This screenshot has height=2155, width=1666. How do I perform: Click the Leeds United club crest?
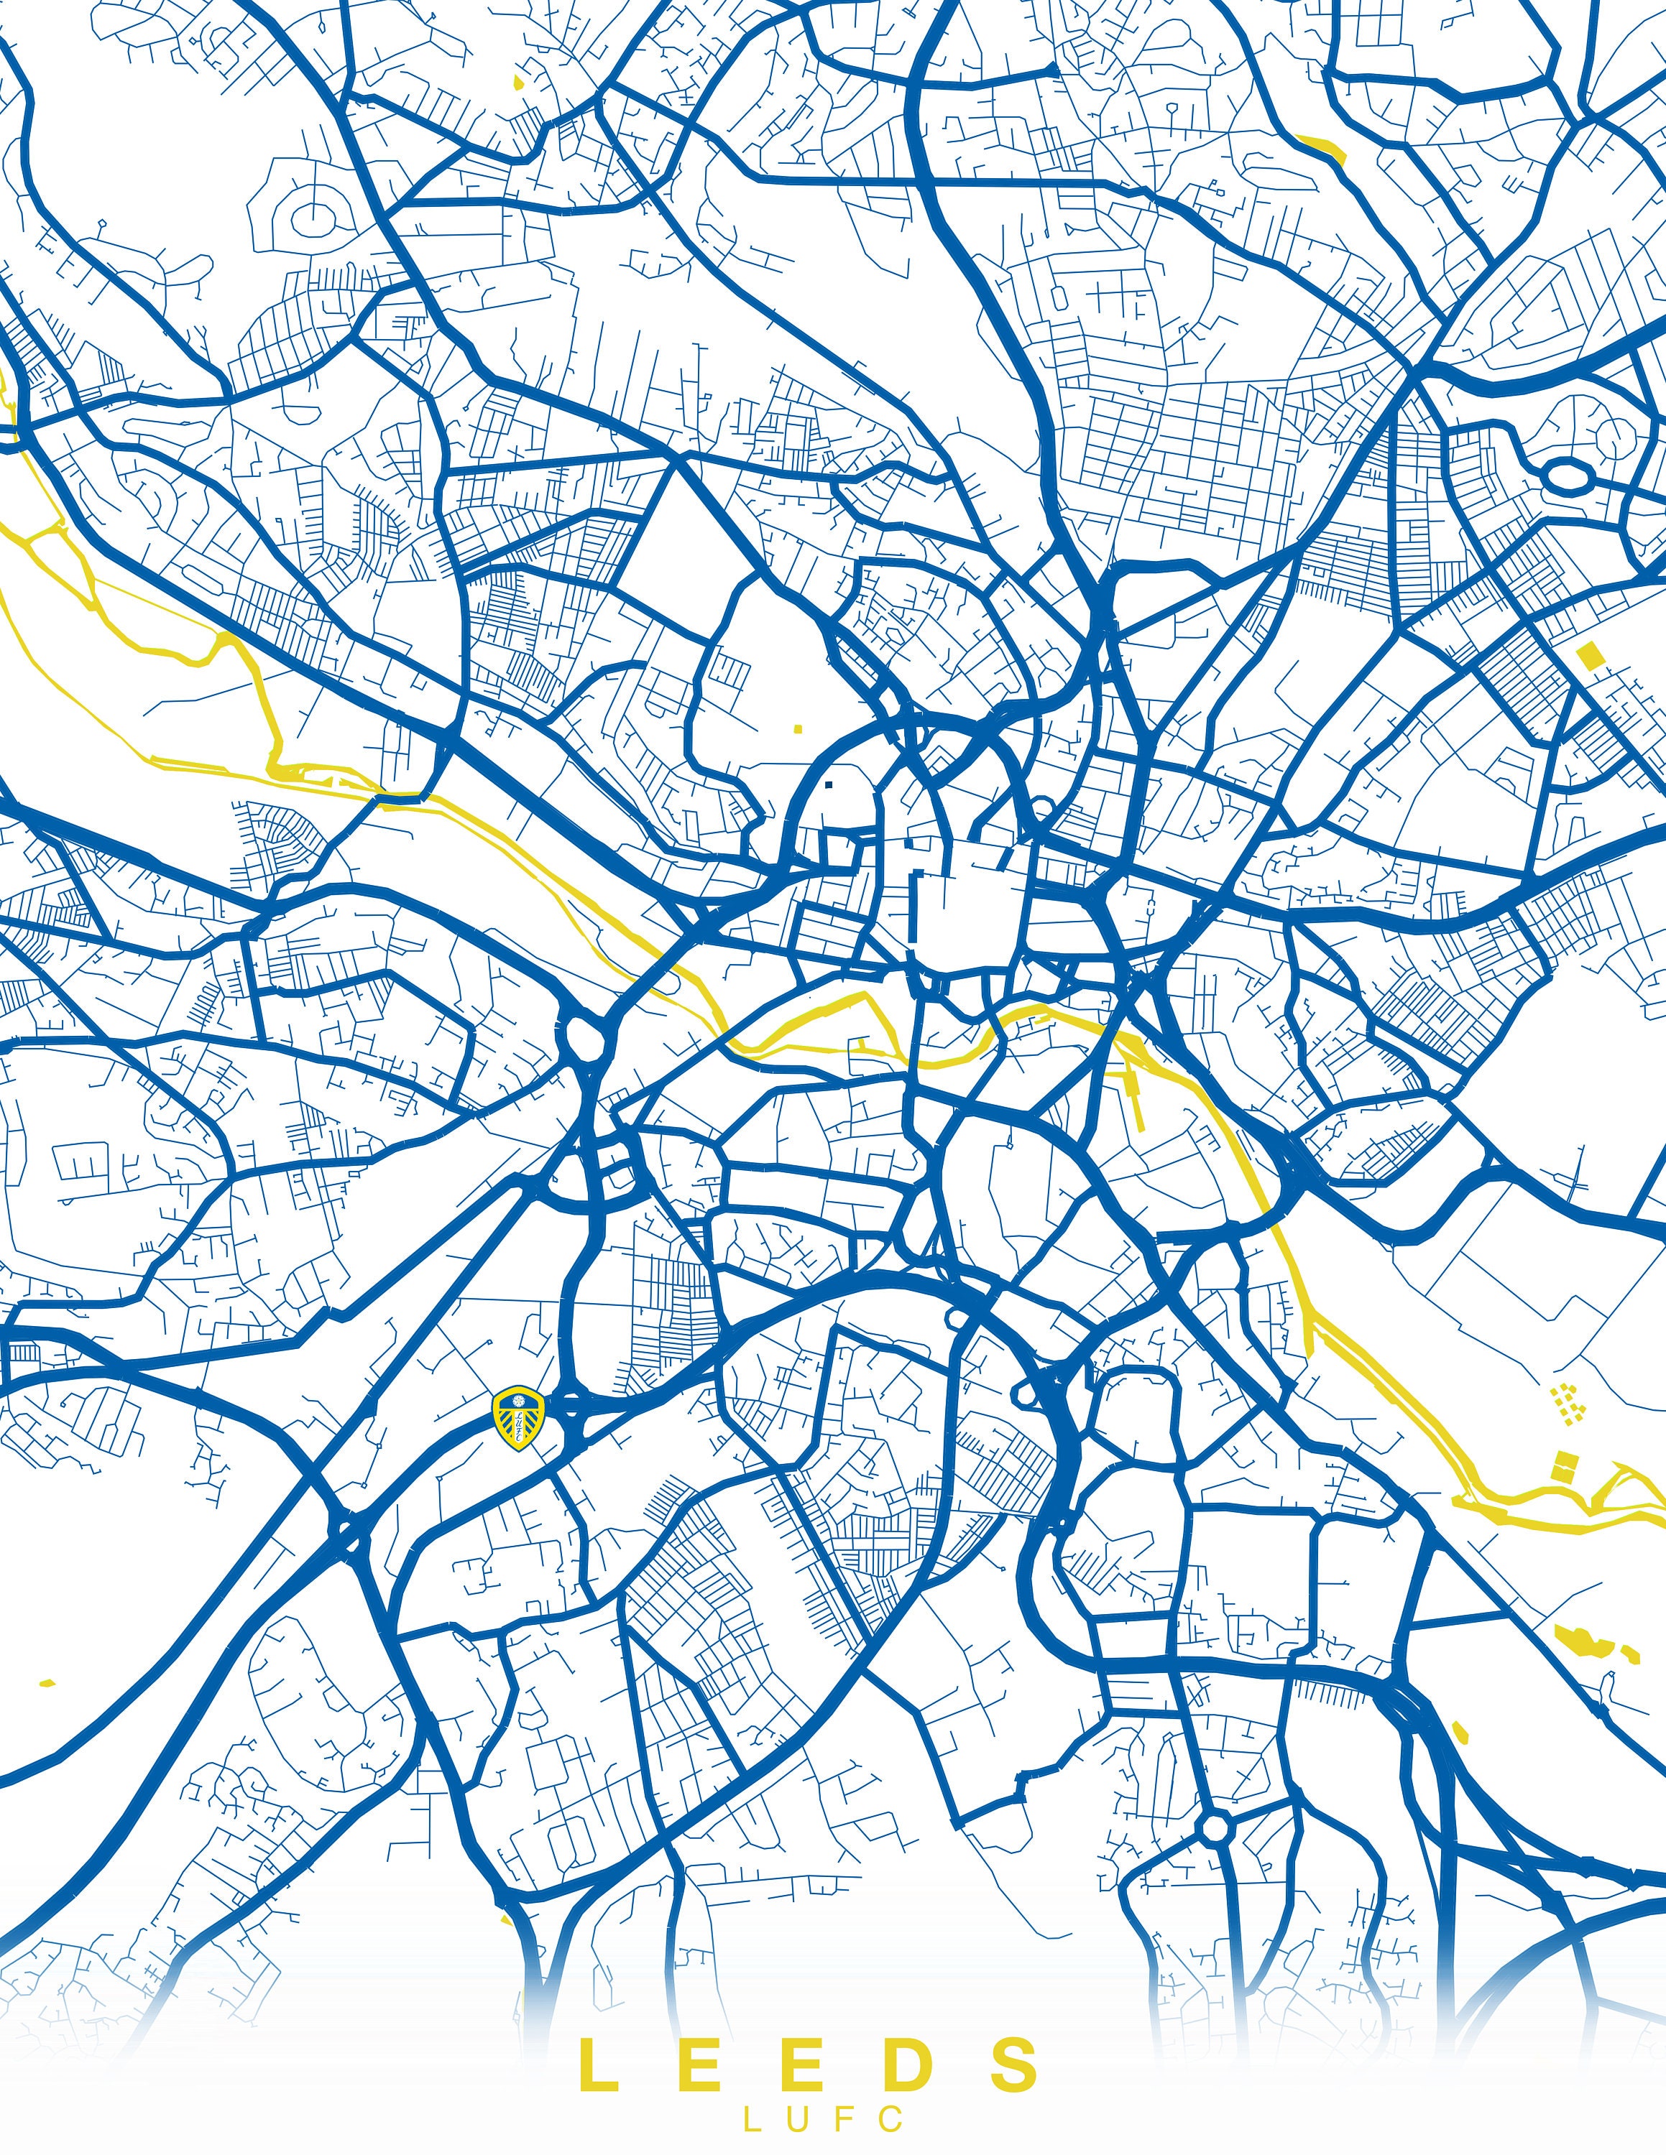(x=518, y=1418)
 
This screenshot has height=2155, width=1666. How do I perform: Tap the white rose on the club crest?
(x=518, y=1402)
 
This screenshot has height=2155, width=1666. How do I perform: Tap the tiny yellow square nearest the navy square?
(x=798, y=729)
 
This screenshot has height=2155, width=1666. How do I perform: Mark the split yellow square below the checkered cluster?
(x=1563, y=1465)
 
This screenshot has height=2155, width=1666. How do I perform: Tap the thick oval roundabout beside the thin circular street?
(x=1566, y=476)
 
